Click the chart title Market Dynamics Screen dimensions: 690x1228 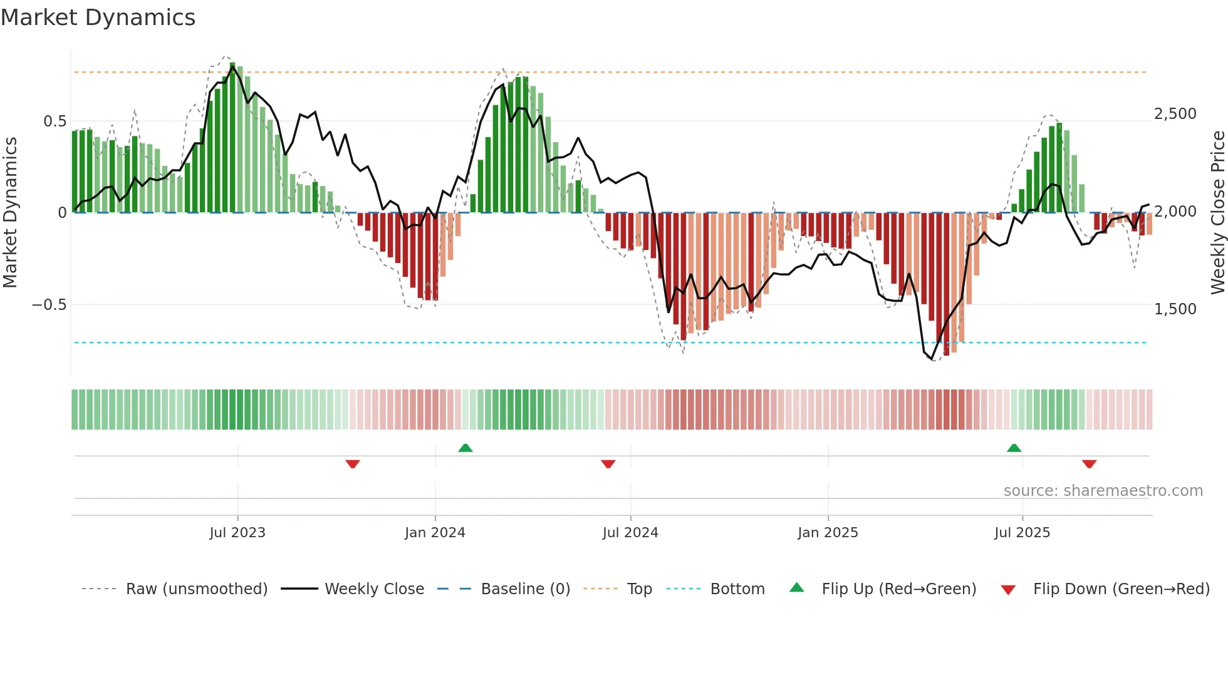98,18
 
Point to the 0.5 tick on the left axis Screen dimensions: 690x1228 55,121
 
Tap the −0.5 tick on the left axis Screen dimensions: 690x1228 49,305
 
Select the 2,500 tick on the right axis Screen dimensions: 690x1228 1175,114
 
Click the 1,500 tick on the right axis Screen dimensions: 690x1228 1175,309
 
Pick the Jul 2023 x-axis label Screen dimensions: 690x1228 237,533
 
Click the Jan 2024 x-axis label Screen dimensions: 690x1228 435,533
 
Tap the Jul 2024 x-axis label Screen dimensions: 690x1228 630,533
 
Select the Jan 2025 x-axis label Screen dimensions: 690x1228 828,533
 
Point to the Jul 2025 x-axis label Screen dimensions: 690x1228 1022,533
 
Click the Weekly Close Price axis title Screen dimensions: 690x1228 1217,212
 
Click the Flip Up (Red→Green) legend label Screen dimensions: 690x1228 898,589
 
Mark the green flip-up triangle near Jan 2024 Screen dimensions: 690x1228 465,448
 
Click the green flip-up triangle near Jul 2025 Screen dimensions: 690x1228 1014,448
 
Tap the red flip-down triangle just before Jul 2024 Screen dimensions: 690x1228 608,463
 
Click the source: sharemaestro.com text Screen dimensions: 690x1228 1103,491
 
